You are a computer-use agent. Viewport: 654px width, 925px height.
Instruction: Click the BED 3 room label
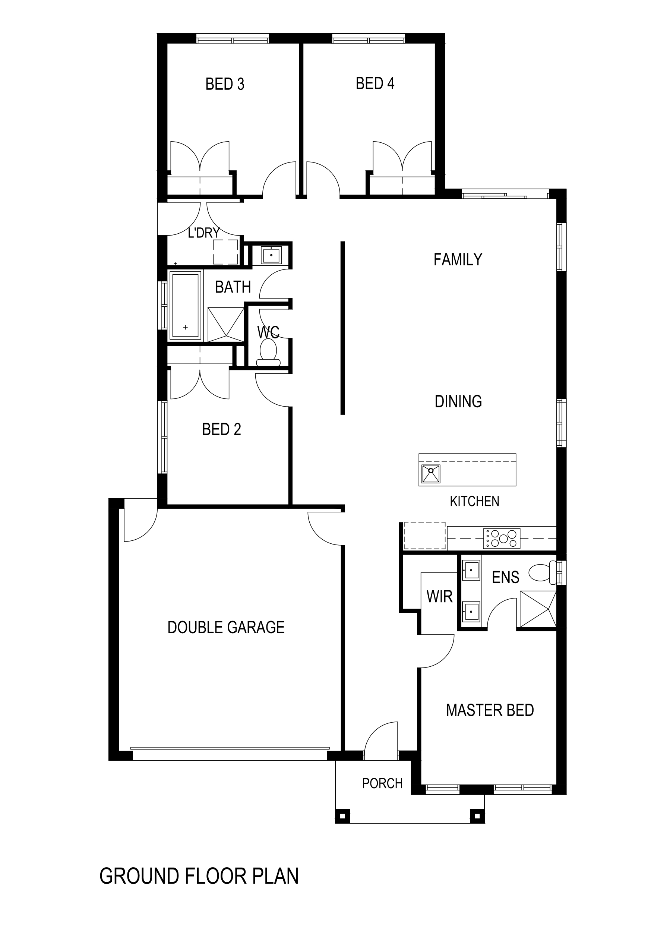click(225, 84)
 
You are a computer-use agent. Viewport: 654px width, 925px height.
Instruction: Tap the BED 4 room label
click(375, 83)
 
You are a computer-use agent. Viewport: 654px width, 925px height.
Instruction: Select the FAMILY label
click(458, 259)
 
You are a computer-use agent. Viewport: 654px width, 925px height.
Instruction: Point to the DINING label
click(458, 401)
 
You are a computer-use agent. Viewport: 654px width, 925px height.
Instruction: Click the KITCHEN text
click(474, 501)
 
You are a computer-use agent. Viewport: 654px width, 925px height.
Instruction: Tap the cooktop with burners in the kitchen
click(502, 538)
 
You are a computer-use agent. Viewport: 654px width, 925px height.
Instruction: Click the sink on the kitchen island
click(431, 474)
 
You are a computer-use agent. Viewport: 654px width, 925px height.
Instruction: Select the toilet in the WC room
click(268, 353)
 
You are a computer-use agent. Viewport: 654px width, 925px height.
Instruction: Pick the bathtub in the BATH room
click(185, 305)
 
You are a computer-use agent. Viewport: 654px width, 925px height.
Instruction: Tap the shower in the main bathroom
click(226, 324)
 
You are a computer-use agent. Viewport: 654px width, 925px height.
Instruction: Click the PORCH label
click(382, 784)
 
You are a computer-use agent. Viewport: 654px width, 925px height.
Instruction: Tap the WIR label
click(440, 596)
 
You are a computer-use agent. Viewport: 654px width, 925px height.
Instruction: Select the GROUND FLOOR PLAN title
click(199, 876)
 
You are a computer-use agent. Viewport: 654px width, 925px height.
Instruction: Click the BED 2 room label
click(222, 429)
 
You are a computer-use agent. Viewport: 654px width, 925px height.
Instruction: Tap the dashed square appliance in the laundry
click(225, 252)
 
